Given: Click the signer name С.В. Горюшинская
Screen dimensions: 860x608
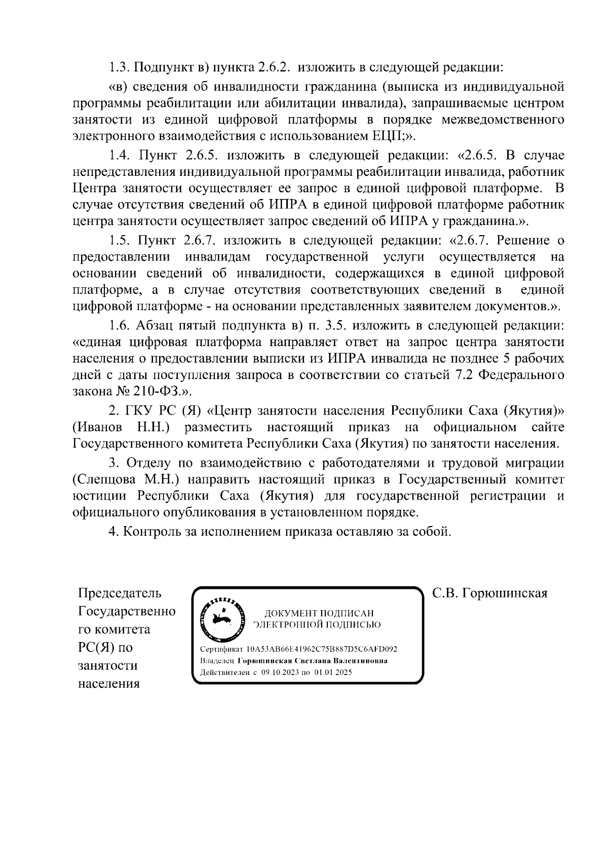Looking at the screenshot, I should point(489,593).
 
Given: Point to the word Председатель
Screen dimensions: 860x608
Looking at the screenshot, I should point(120,593).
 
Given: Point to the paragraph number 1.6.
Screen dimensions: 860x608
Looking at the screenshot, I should point(121,325).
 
